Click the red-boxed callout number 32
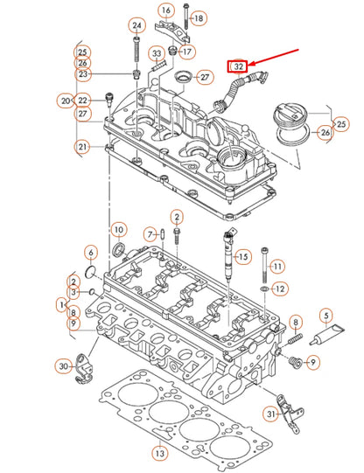tap(236, 66)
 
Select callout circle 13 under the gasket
tap(158, 454)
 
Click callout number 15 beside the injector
tap(243, 257)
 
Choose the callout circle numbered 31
tap(272, 414)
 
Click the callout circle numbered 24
tap(136, 26)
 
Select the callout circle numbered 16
tap(166, 10)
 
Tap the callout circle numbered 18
tap(198, 17)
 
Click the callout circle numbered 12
tap(279, 289)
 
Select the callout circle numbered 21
tap(81, 147)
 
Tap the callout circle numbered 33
tap(158, 54)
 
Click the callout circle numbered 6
tap(90, 253)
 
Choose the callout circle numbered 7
tap(150, 233)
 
